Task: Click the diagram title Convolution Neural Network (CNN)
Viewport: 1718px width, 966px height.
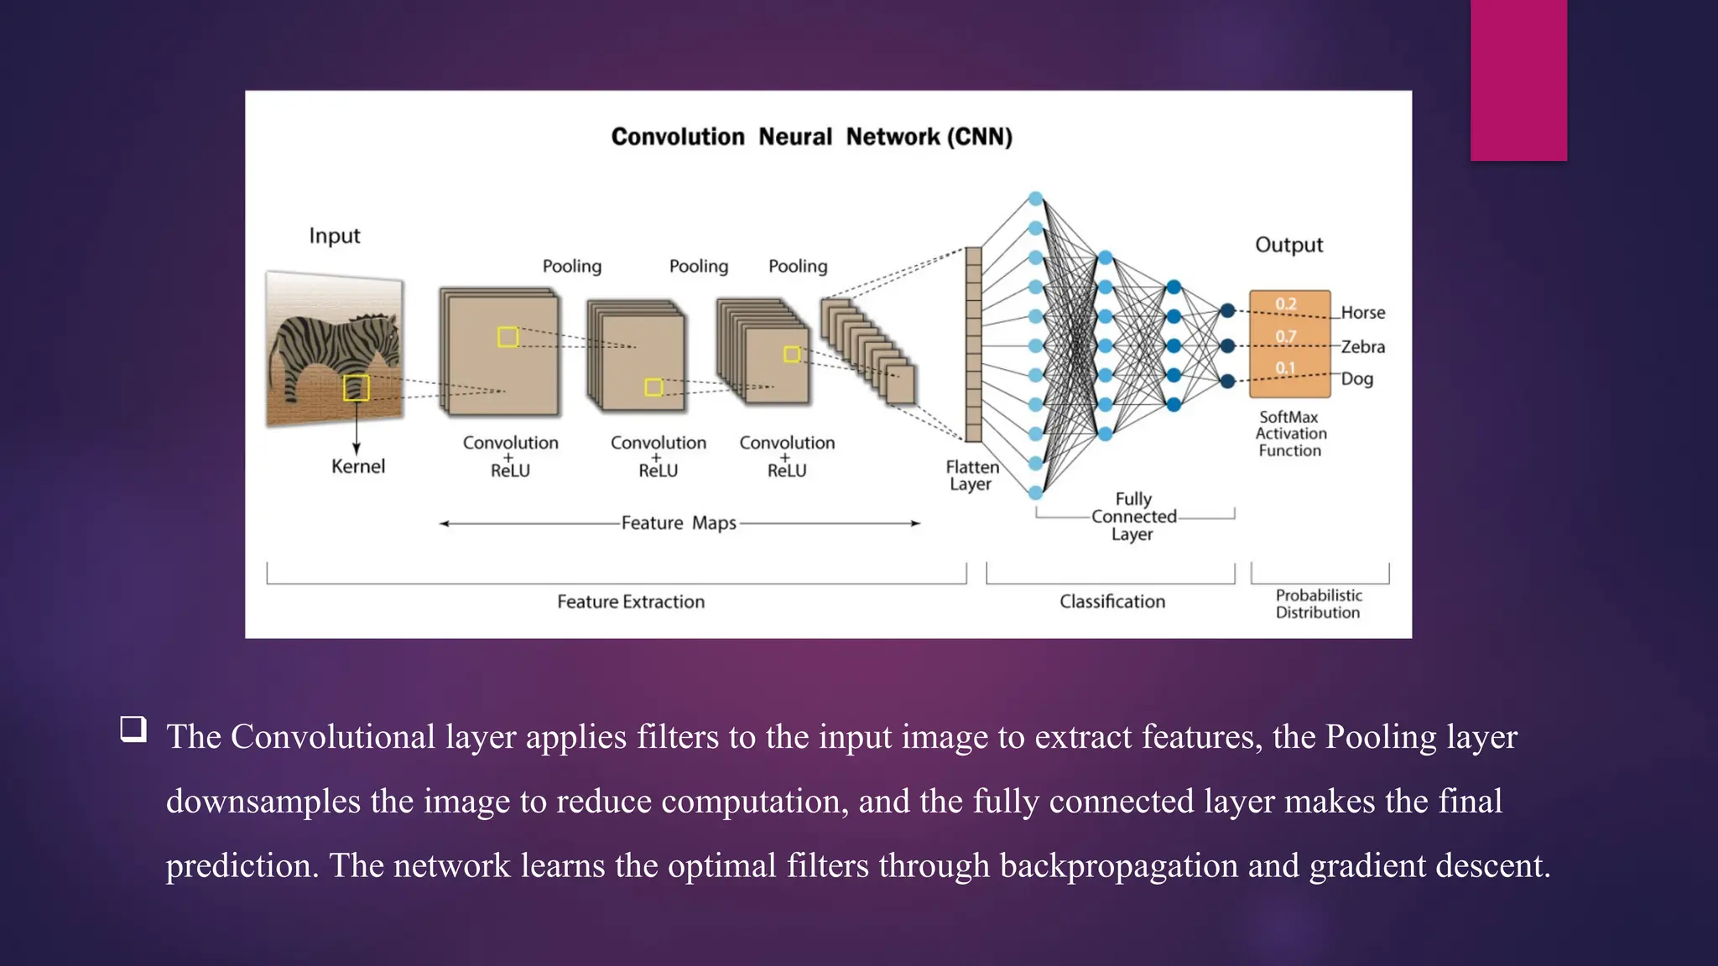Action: point(811,137)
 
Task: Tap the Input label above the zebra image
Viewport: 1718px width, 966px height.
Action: point(334,236)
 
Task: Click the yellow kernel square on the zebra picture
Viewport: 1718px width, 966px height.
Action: point(357,387)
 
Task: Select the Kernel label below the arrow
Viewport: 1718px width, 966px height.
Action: point(358,467)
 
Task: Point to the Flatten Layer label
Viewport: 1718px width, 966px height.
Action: point(971,475)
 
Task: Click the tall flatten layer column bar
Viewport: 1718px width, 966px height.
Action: point(973,344)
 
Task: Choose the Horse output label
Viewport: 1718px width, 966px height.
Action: point(1362,313)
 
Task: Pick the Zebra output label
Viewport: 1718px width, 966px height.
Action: point(1362,347)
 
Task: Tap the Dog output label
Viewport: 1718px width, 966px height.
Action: point(1356,379)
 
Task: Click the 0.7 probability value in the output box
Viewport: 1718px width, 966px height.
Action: point(1285,336)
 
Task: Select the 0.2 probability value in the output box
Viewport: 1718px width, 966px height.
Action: point(1285,304)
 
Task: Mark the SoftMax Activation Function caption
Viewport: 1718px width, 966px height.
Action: point(1290,434)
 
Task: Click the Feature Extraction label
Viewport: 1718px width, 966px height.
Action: point(631,602)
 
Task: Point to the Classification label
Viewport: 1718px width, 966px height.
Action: point(1111,602)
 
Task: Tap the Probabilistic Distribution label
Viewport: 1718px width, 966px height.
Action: point(1318,604)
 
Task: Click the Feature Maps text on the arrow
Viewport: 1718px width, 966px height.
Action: point(679,523)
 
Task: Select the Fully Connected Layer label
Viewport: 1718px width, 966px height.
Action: point(1133,517)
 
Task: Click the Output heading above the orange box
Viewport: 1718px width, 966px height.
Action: point(1288,245)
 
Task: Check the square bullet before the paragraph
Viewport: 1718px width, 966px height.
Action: point(133,729)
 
